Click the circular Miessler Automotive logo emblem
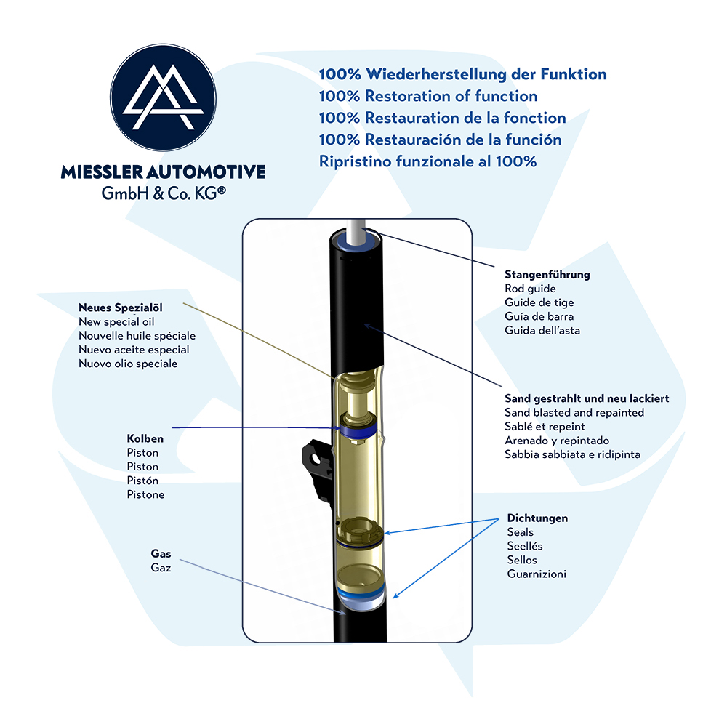(163, 97)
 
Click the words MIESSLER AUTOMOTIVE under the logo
(163, 172)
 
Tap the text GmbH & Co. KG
(164, 193)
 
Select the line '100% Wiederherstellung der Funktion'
(462, 74)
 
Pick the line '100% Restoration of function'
(428, 96)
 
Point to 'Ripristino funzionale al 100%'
(427, 161)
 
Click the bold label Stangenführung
(547, 275)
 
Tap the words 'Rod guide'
(530, 289)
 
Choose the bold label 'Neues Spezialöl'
(121, 308)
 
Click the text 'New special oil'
(116, 322)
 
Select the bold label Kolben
(145, 438)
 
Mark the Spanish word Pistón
(142, 481)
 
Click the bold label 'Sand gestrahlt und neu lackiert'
(587, 398)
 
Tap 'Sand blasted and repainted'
(574, 413)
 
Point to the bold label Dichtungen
(537, 518)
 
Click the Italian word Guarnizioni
(537, 574)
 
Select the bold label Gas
(161, 553)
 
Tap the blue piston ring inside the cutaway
(358, 431)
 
